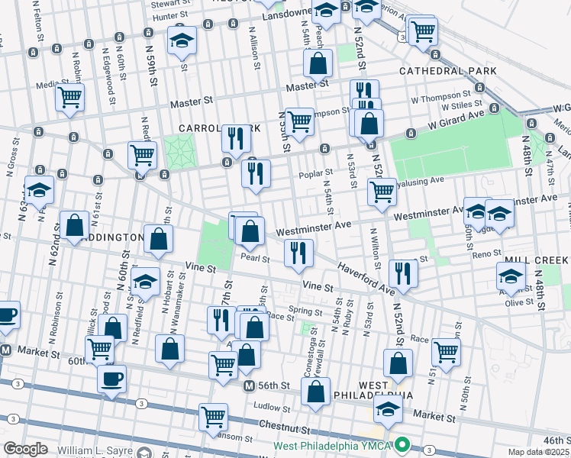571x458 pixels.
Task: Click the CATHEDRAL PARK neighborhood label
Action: [447, 71]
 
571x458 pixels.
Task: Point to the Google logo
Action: [25, 449]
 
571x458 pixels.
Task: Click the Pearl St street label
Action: [255, 259]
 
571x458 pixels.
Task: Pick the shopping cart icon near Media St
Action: [69, 98]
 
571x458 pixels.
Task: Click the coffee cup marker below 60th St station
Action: [111, 379]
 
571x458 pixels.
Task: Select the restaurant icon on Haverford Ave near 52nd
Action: [402, 273]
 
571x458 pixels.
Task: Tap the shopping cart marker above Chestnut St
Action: [213, 417]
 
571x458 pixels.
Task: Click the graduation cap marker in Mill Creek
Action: [511, 276]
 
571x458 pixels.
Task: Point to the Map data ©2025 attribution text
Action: [538, 452]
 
